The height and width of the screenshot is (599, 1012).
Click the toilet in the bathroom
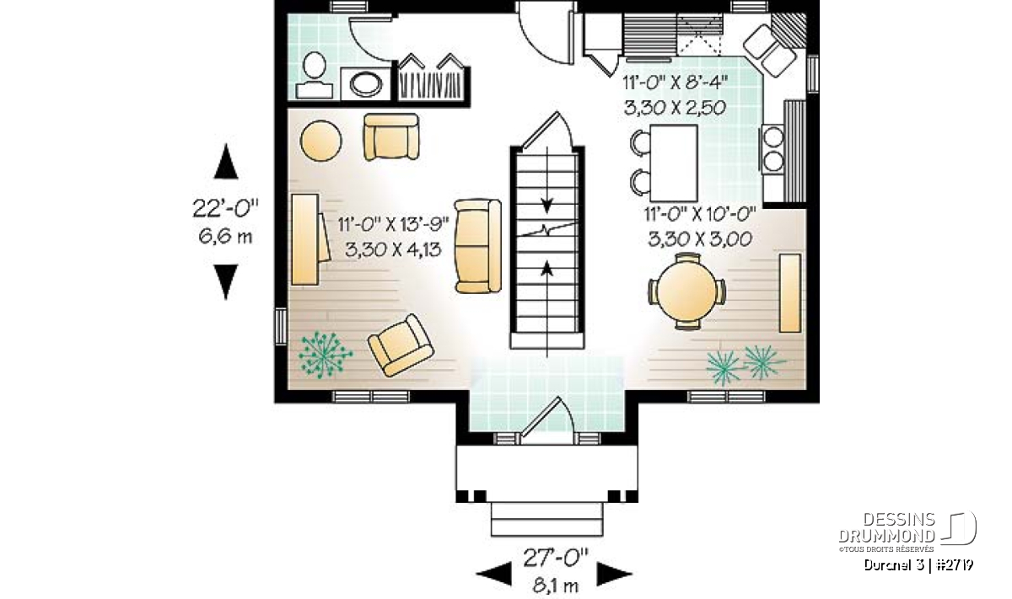click(x=315, y=76)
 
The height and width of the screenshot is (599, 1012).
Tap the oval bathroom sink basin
click(x=366, y=84)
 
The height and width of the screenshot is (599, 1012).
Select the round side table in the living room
click(x=320, y=141)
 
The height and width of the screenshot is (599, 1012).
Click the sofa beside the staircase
click(x=478, y=246)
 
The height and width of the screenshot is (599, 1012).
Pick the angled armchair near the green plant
click(x=401, y=345)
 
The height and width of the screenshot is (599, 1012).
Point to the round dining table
click(x=686, y=291)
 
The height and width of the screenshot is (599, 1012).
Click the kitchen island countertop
click(x=674, y=163)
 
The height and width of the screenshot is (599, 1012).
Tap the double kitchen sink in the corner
click(x=769, y=50)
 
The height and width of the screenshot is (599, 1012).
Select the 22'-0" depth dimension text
click(x=225, y=209)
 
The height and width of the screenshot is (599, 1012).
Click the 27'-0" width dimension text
click(x=556, y=558)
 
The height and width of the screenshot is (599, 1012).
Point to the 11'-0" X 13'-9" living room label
click(x=394, y=224)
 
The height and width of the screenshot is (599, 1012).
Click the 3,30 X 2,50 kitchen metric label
click(x=675, y=108)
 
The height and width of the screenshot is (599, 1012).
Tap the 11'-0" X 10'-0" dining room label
click(x=700, y=213)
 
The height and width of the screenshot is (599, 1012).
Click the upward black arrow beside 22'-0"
click(x=226, y=161)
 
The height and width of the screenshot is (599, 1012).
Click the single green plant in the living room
click(x=325, y=354)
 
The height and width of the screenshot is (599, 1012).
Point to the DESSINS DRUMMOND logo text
click(x=886, y=527)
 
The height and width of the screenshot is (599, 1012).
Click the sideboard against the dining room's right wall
click(x=790, y=293)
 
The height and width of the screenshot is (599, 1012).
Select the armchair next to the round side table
click(x=391, y=136)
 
